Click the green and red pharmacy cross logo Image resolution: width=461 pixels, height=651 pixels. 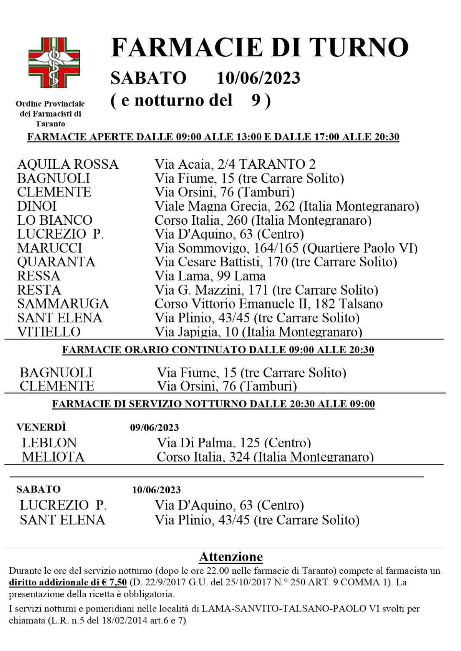tap(54, 63)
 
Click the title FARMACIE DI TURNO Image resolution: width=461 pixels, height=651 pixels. tap(259, 48)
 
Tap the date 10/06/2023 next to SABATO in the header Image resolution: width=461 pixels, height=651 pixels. tap(258, 78)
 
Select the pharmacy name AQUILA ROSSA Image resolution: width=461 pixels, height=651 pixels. tap(68, 164)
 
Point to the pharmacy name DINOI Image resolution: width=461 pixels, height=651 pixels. tap(37, 206)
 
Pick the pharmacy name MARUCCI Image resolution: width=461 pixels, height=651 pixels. tap(50, 248)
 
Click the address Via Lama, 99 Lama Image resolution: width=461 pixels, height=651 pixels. tap(210, 276)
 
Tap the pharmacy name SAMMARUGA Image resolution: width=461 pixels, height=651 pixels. tap(63, 304)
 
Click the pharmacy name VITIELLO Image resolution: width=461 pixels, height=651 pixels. tap(49, 331)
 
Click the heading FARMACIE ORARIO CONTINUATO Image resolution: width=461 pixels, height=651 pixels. tap(218, 350)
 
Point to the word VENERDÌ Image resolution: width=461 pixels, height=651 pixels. tap(41, 427)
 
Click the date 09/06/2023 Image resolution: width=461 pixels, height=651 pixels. tap(154, 428)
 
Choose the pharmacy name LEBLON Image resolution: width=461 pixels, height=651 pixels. tap(49, 443)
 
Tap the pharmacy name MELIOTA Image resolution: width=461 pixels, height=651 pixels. tap(53, 457)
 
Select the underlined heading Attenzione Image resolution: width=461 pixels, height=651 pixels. tap(230, 557)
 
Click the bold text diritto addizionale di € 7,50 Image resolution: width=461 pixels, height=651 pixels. tap(68, 582)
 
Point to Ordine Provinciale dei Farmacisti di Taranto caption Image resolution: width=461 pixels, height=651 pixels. tap(50, 114)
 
